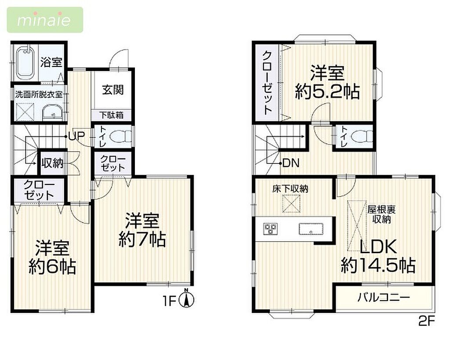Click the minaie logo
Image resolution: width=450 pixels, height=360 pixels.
pyautogui.click(x=45, y=20)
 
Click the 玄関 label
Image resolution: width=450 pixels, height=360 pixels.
pyautogui.click(x=113, y=90)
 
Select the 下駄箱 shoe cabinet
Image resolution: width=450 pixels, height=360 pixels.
pyautogui.click(x=112, y=115)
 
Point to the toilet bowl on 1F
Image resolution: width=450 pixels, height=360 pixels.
pyautogui.click(x=121, y=136)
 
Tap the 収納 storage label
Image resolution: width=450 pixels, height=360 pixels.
pyautogui.click(x=52, y=163)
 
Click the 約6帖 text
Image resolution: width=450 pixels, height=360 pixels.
pyautogui.click(x=52, y=267)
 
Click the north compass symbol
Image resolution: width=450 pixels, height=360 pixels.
pyautogui.click(x=186, y=299)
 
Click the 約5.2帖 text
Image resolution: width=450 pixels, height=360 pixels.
pyautogui.click(x=327, y=91)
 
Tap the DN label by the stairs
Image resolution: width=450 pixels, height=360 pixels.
pyautogui.click(x=291, y=163)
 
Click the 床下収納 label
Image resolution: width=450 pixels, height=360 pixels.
pyautogui.click(x=290, y=189)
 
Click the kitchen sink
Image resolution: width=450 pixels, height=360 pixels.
pyautogui.click(x=311, y=229)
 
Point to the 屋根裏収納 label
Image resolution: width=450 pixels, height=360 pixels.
pyautogui.click(x=381, y=214)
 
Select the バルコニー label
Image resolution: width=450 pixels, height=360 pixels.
pyautogui.click(x=383, y=298)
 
